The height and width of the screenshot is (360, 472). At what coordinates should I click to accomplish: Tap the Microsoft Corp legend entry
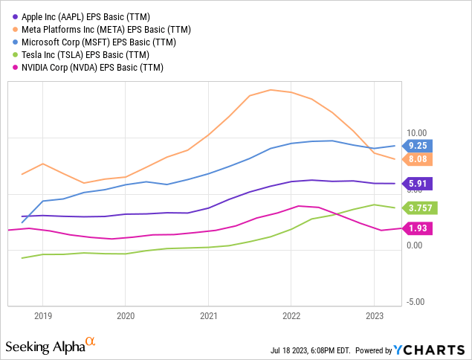click(94, 42)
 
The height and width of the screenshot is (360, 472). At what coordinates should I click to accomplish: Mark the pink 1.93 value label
click(416, 228)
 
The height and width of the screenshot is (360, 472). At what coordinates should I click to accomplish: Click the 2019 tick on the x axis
click(42, 315)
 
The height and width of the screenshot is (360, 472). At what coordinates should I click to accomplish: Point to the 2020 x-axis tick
click(125, 315)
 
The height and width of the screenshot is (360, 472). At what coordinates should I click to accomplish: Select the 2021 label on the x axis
click(208, 315)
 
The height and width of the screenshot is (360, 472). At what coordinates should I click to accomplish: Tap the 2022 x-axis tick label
click(291, 315)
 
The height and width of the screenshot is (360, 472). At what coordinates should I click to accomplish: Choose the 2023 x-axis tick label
click(374, 315)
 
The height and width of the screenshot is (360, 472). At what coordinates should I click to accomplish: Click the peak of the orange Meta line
click(270, 90)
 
